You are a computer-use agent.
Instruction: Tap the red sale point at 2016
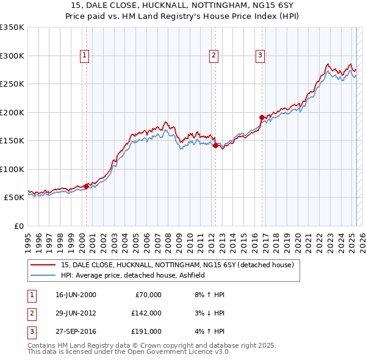tap(262, 117)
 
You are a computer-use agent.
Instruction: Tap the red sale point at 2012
tap(215, 145)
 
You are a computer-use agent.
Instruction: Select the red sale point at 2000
tap(86, 186)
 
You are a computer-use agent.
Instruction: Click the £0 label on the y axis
tap(18, 226)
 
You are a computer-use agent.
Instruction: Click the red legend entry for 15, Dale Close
tap(177, 265)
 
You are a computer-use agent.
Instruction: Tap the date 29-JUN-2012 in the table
tap(76, 313)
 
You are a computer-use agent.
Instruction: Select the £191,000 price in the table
tap(146, 331)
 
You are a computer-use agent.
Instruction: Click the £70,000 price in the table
tap(148, 295)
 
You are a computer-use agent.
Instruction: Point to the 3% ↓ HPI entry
tap(209, 313)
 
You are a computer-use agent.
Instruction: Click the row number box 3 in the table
tap(31, 331)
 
